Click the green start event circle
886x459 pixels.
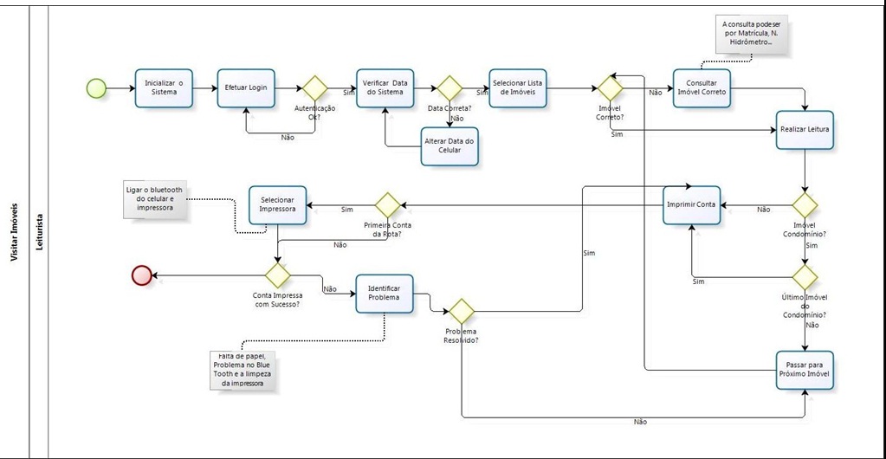point(96,87)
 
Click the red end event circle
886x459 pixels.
point(141,275)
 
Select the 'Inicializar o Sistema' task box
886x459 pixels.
point(164,87)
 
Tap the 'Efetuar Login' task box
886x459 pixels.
point(246,87)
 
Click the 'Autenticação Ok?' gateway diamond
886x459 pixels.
point(314,87)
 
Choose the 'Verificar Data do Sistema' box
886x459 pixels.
point(385,87)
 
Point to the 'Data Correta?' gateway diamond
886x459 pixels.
point(449,87)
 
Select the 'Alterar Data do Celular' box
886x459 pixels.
point(449,145)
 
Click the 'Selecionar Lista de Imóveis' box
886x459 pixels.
point(518,87)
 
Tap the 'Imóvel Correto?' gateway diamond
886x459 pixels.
point(611,87)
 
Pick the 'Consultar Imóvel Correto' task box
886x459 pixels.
point(702,87)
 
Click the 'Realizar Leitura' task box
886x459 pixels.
point(805,129)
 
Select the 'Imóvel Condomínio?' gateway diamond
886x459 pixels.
point(805,205)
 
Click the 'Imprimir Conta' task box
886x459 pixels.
point(692,205)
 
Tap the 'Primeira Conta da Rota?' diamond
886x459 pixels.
point(387,205)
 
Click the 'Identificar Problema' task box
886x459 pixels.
point(384,294)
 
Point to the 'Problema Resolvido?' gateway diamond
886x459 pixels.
point(461,311)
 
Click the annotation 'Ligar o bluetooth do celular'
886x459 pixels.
point(154,199)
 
